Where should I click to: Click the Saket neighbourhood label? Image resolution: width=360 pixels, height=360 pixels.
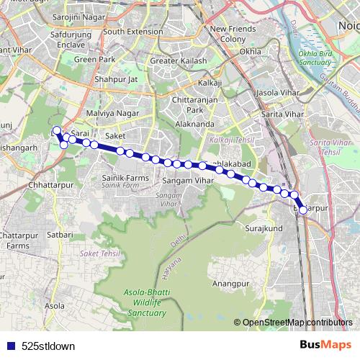[x=114, y=135]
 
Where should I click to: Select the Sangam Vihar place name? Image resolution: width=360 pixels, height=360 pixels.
[x=189, y=180]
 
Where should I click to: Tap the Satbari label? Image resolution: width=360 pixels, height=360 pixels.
[x=60, y=234]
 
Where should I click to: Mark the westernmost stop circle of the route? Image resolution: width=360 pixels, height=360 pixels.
[x=57, y=131]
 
